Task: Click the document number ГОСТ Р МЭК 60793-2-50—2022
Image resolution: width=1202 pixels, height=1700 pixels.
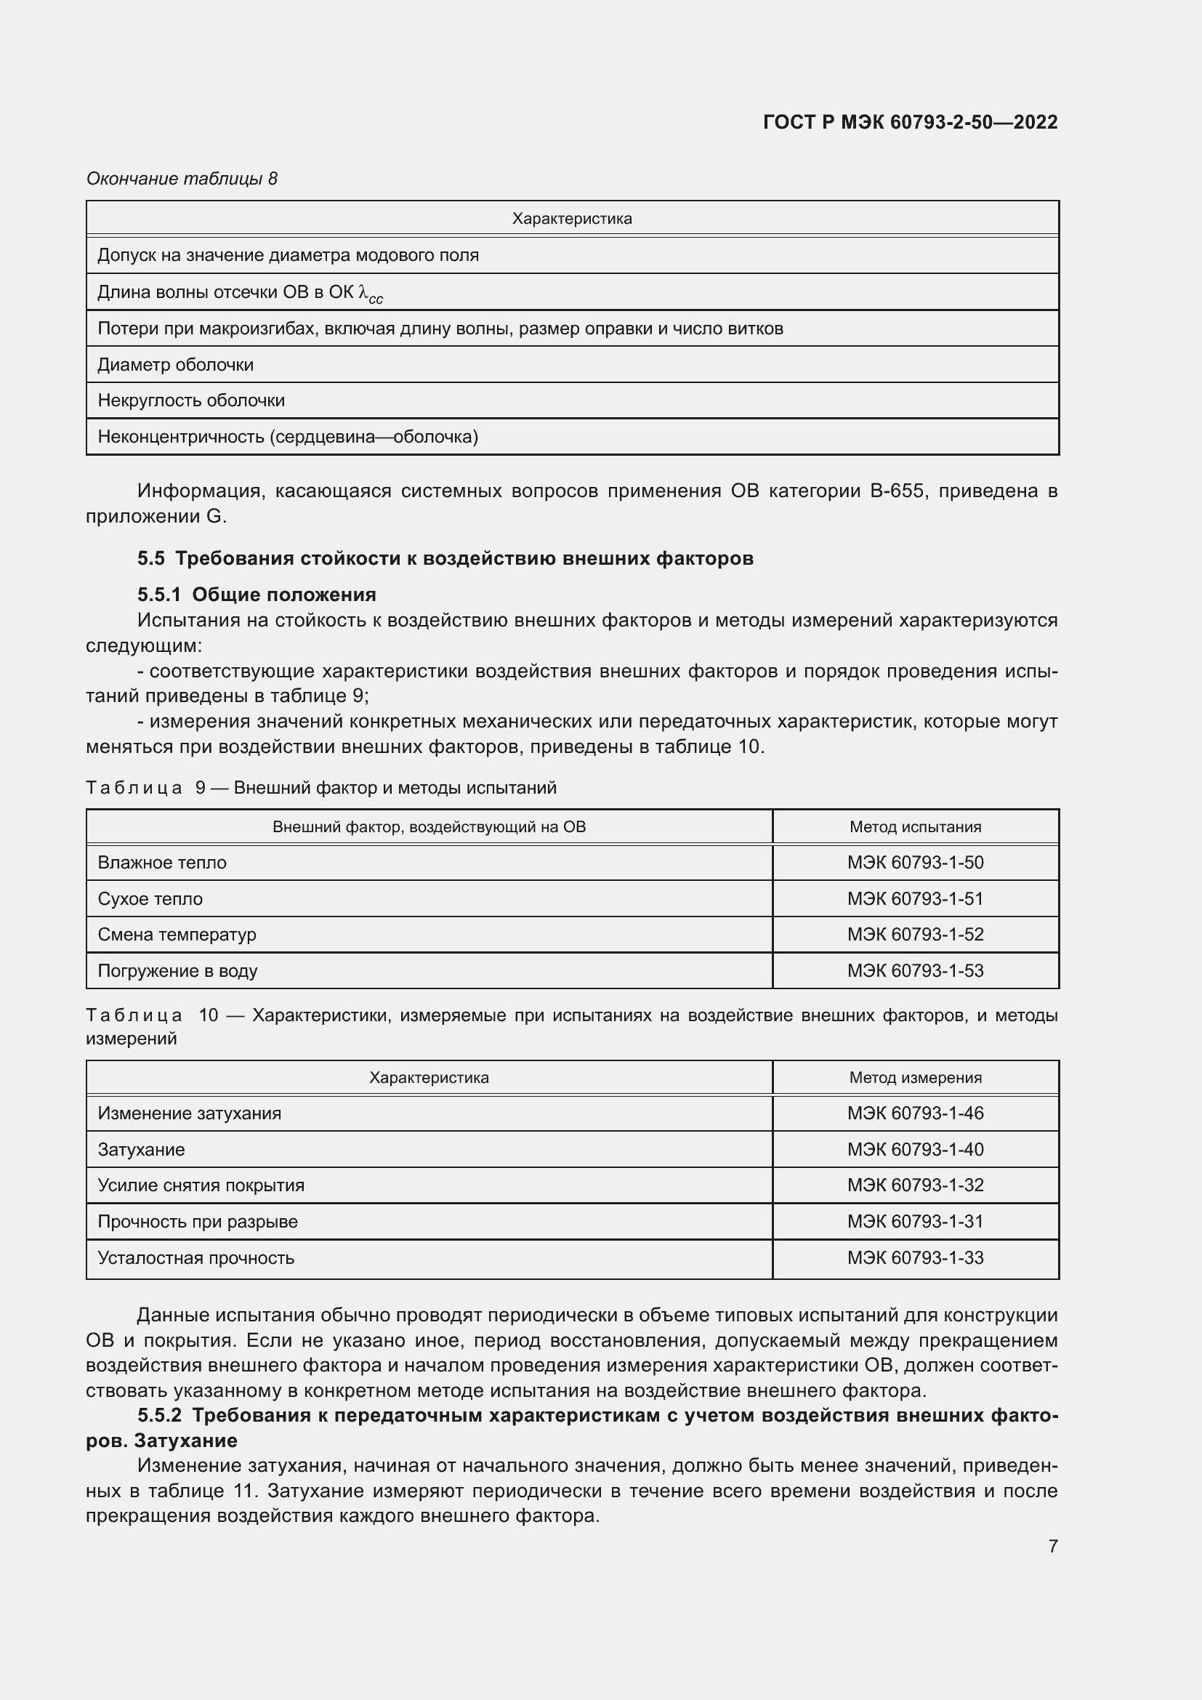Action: [910, 122]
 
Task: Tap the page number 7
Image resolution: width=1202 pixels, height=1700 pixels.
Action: [1052, 1546]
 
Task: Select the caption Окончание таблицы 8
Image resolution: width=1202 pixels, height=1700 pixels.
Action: [182, 179]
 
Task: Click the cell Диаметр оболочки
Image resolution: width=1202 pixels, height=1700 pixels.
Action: [175, 364]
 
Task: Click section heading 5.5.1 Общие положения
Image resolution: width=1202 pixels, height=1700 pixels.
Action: [256, 595]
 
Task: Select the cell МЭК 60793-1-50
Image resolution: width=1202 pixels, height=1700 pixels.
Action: [915, 862]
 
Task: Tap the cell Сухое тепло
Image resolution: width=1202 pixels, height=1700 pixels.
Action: [150, 898]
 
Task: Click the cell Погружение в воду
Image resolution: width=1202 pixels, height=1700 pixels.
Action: [177, 971]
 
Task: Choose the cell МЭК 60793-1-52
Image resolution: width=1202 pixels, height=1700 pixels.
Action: [915, 935]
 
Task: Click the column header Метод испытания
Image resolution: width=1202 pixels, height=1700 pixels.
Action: [915, 826]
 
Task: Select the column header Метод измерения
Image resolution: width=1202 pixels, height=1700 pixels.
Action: [915, 1077]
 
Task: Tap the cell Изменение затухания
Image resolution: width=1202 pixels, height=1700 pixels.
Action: [190, 1113]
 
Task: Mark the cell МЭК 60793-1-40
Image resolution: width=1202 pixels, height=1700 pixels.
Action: [915, 1149]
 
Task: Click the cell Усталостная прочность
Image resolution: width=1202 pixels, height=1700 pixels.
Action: [196, 1257]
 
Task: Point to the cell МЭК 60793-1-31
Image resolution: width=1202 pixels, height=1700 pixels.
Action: [915, 1221]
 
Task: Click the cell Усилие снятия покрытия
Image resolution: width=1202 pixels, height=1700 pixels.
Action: [201, 1185]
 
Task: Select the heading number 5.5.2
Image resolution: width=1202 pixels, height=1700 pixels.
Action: [159, 1415]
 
